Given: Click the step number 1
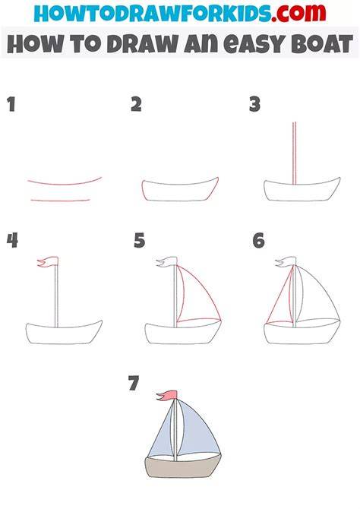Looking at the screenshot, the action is coord(11,105).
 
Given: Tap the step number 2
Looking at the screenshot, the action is coord(137,104).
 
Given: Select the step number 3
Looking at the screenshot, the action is coord(255,105).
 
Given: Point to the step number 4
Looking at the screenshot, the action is coord(12,241).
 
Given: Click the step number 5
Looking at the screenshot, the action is coord(139,241).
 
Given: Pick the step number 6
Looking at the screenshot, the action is coord(259,241).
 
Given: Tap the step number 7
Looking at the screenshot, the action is coord(134,383).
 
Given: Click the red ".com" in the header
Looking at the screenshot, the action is coord(298,13).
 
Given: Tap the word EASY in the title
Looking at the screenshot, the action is coord(254,44).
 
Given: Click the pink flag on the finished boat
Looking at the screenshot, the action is coord(167,395).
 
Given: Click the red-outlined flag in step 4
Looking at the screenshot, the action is coord(48,261).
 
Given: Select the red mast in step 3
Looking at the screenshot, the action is coord(295,153).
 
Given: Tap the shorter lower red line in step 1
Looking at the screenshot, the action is coord(60,201).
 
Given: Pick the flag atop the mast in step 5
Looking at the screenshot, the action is coord(167,261).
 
